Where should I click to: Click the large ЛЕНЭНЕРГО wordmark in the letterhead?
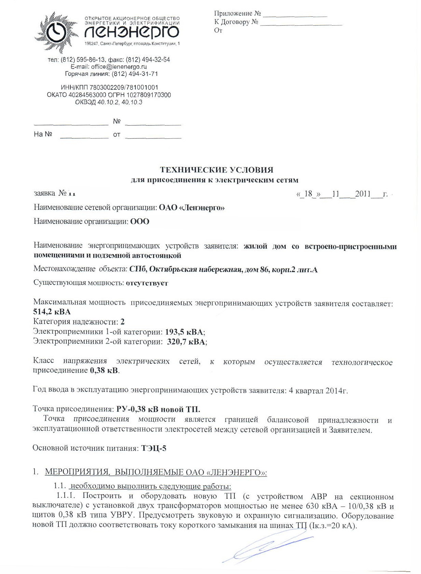[x=132, y=32]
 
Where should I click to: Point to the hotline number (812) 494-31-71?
[x=135, y=74]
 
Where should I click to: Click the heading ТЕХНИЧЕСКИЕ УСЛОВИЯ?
[x=217, y=170]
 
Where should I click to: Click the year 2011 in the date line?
[x=363, y=194]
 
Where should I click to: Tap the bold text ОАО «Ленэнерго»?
[x=192, y=207]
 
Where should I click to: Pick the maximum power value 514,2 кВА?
[x=52, y=312]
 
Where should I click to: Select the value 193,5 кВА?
[x=185, y=332]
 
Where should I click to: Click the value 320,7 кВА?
[x=187, y=341]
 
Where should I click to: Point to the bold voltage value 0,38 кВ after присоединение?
[x=104, y=370]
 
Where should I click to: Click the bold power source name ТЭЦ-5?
[x=154, y=448]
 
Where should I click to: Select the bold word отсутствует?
[x=147, y=283]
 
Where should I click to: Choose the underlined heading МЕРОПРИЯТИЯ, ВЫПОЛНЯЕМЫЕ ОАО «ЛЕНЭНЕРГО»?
[x=155, y=473]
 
